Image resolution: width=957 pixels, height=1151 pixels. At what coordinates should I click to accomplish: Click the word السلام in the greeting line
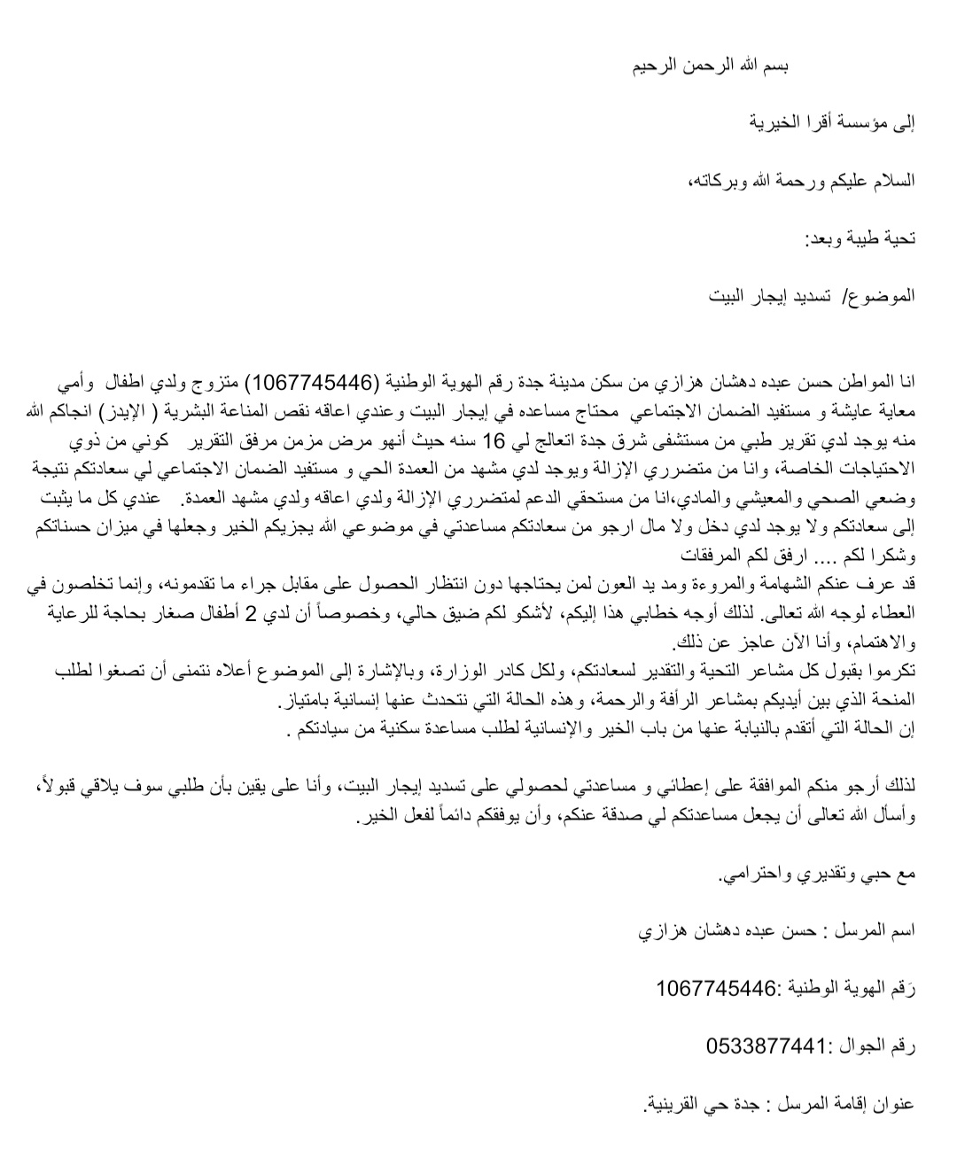(889, 181)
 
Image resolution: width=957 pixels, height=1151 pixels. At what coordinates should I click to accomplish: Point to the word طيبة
(860, 238)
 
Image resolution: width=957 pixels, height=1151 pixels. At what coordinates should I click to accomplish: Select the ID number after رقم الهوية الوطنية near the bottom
(716, 988)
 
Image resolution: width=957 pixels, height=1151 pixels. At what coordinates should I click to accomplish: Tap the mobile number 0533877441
(766, 1046)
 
